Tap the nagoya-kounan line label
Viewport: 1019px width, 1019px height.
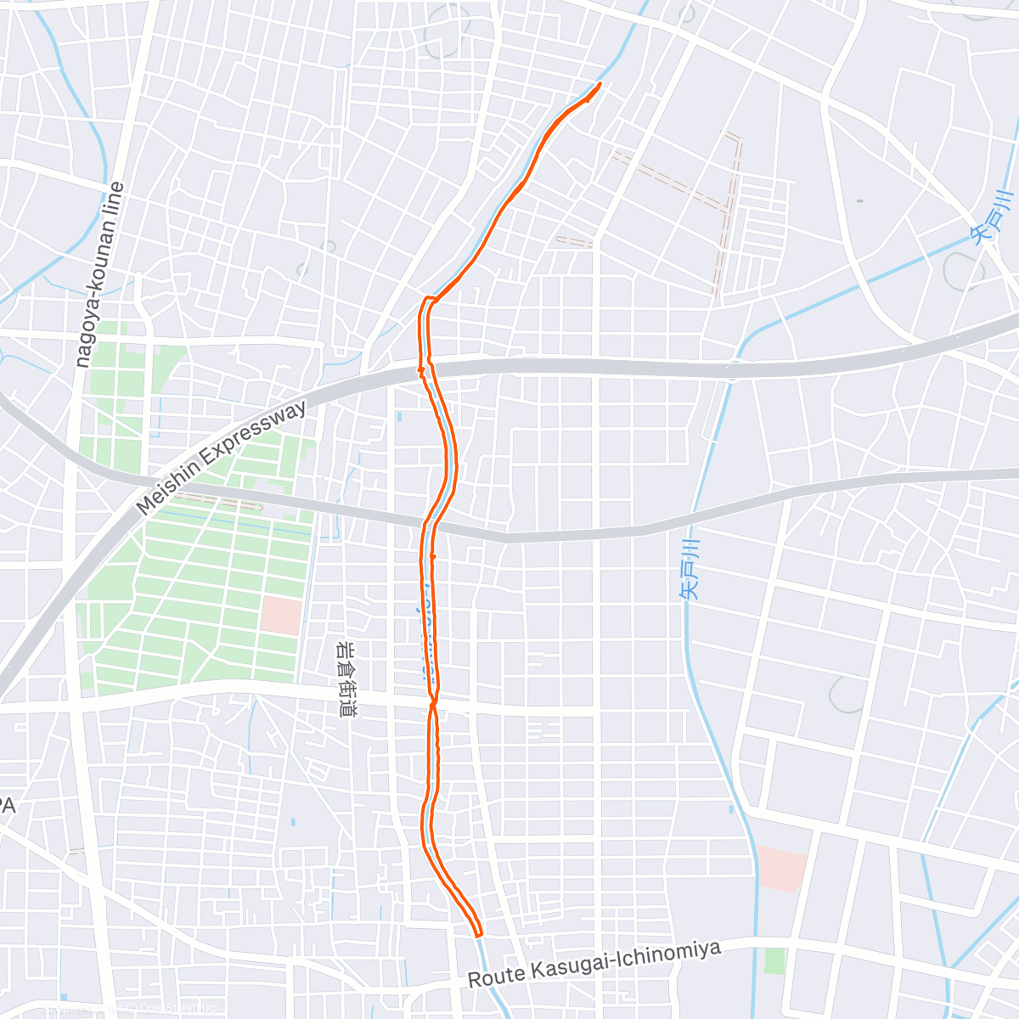[100, 274]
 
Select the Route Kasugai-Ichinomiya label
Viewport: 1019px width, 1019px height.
[594, 964]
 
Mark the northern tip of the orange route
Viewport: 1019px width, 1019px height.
[600, 83]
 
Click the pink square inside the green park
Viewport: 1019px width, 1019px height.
[281, 616]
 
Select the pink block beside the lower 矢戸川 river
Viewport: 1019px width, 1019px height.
[780, 868]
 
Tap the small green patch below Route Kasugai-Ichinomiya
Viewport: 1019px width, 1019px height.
[774, 961]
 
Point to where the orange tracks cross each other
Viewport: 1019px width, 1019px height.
[433, 703]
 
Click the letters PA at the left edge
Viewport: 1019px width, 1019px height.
[8, 807]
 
